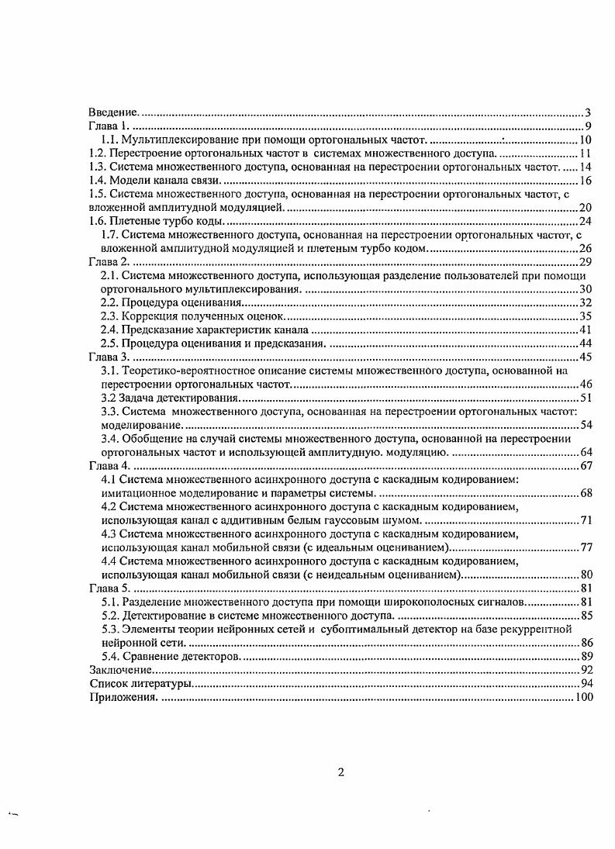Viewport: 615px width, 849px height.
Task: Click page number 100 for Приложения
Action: click(x=584, y=697)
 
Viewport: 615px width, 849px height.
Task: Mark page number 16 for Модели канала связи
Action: click(x=586, y=181)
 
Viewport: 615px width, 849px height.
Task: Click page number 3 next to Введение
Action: click(x=589, y=113)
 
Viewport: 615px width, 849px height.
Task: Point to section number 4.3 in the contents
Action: click(x=110, y=533)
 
